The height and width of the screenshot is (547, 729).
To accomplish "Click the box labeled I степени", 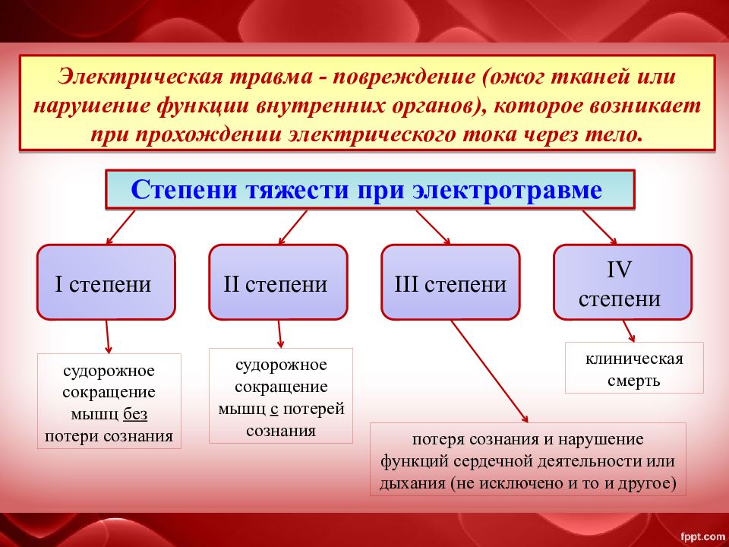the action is click(x=106, y=283).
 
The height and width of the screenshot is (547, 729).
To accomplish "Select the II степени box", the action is click(x=278, y=283).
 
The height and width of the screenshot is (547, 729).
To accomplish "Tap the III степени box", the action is click(x=450, y=283).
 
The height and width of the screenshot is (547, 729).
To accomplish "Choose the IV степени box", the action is click(x=623, y=283).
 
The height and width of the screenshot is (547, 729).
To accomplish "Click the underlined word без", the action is click(x=135, y=413).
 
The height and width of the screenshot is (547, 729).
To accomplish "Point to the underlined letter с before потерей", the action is click(x=274, y=409).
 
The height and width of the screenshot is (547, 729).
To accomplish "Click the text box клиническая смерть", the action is click(x=634, y=368).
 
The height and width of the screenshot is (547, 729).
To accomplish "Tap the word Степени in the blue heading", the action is click(x=184, y=190).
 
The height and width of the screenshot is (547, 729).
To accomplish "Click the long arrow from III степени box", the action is click(x=489, y=372).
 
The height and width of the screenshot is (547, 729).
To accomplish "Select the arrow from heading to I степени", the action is click(x=121, y=227).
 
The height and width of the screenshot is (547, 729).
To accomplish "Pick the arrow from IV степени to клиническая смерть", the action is click(x=629, y=330).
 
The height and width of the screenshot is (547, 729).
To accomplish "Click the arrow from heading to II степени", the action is click(x=293, y=227).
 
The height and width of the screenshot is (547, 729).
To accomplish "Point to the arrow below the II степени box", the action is click(x=279, y=334).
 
